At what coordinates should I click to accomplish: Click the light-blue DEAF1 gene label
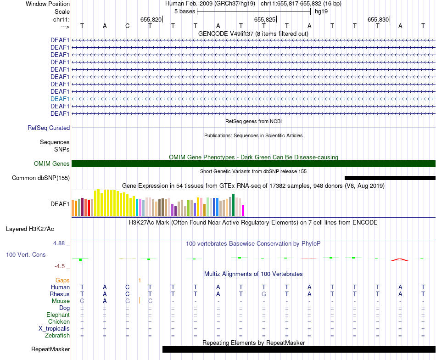tap(60, 99)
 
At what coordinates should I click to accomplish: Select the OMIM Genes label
tap(52, 164)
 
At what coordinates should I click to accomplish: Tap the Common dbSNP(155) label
tap(41, 178)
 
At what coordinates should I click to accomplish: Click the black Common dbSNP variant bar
tap(390, 178)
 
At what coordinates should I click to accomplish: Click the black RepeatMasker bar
tap(299, 349)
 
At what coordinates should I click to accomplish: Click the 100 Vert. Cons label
tap(26, 254)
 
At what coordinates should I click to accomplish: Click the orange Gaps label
tap(62, 280)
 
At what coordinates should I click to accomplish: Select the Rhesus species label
tap(60, 294)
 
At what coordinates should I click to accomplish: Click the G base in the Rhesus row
tap(264, 294)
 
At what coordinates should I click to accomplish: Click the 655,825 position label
tap(265, 20)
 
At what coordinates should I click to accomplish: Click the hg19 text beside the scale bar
tap(321, 11)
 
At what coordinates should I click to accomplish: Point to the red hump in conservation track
tap(399, 259)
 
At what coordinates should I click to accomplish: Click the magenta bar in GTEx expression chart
tap(243, 210)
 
